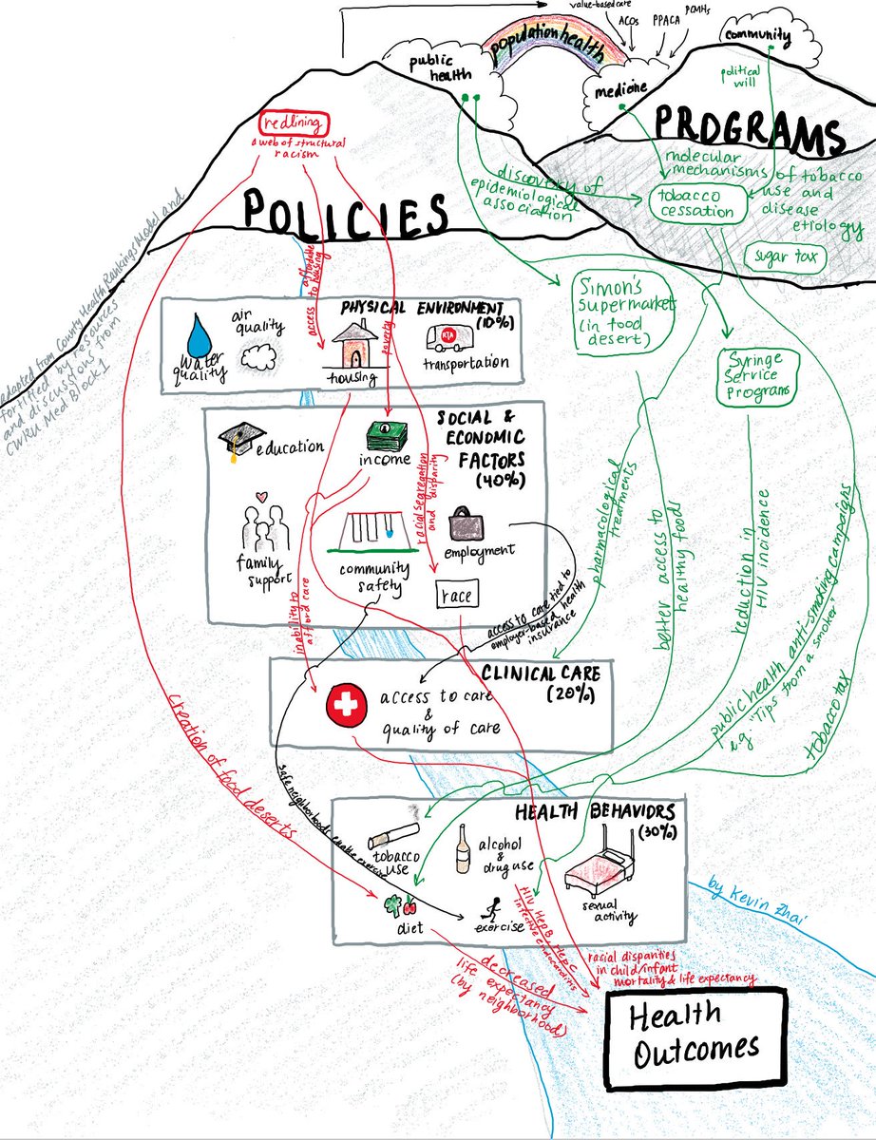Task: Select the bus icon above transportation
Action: (x=445, y=336)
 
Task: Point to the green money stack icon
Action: (x=388, y=436)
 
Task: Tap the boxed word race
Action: (x=456, y=594)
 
